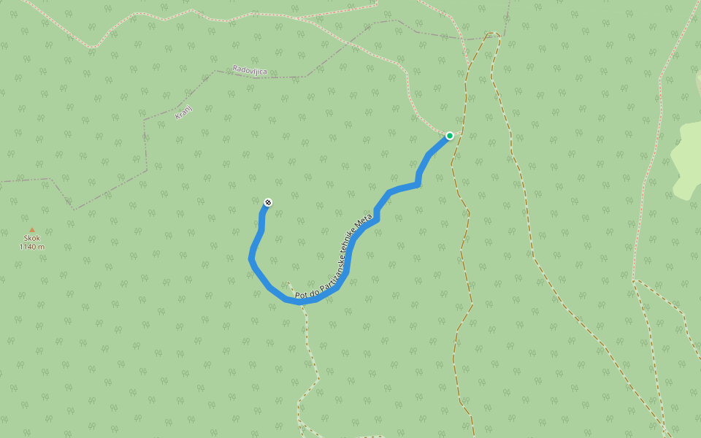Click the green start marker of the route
click(450, 135)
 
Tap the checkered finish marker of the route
click(268, 202)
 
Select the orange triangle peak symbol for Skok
click(31, 230)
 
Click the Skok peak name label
click(31, 238)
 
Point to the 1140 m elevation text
click(31, 247)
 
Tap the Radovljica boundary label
click(250, 70)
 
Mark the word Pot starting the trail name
click(301, 296)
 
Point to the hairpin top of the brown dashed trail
click(493, 34)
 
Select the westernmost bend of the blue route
click(251, 258)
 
